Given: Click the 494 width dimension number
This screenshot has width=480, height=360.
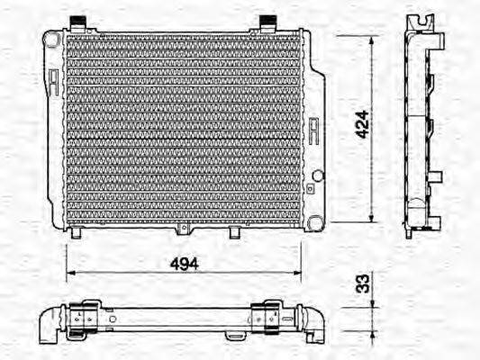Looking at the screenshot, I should click(x=184, y=263).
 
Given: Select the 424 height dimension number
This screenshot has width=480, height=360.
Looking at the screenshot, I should click(x=361, y=123).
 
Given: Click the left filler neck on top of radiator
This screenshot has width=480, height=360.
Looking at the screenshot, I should click(x=81, y=22).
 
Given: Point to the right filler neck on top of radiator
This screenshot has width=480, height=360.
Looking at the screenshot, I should click(x=268, y=22).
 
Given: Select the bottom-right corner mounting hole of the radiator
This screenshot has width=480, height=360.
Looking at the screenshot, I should click(x=312, y=221).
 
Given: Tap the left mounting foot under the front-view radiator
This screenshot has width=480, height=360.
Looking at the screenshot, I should click(x=77, y=233).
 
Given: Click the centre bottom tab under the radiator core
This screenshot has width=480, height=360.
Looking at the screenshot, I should click(x=234, y=232).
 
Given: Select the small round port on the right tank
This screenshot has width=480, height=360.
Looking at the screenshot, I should click(x=316, y=174).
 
